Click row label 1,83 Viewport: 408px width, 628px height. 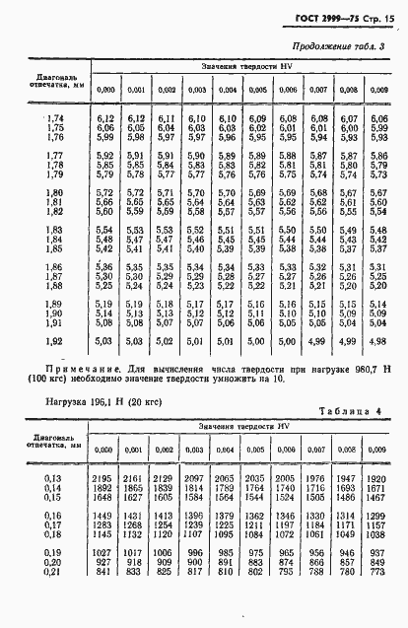click(52, 231)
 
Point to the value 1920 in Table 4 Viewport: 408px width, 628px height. click(378, 477)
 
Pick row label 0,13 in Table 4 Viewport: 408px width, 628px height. click(52, 477)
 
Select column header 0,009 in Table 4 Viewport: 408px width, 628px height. click(378, 450)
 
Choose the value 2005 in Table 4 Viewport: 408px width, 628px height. click(287, 477)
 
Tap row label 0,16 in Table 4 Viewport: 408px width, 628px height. click(52, 515)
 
